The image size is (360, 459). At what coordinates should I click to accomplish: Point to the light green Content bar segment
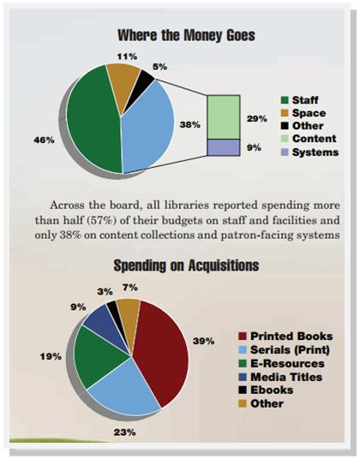(x=224, y=116)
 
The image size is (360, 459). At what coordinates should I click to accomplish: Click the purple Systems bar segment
(x=224, y=147)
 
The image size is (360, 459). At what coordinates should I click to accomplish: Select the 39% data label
(x=203, y=341)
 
